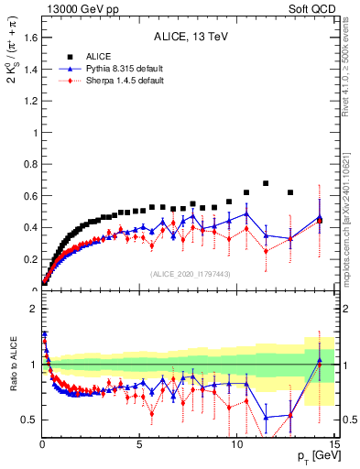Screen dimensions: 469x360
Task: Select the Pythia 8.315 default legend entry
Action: [112, 69]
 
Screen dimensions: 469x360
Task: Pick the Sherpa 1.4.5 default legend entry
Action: [112, 82]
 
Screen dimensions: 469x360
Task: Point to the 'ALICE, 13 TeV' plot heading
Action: [190, 38]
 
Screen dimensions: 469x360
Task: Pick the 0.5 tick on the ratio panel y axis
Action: [27, 420]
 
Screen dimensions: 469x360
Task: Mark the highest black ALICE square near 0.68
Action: [266, 183]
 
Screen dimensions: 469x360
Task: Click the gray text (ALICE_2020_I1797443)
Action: [190, 274]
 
